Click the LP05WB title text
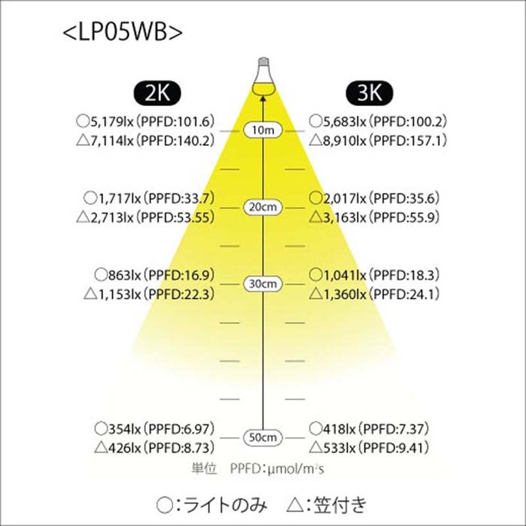(x=123, y=32)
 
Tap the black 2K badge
(x=157, y=93)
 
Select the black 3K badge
(x=370, y=93)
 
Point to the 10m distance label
(x=263, y=130)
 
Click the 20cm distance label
(x=263, y=207)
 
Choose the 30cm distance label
(x=263, y=284)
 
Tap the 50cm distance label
(x=263, y=438)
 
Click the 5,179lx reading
(x=112, y=122)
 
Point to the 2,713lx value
(x=112, y=218)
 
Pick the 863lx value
(x=124, y=275)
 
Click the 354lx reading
(x=124, y=429)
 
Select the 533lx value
(x=339, y=448)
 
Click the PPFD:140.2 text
(x=178, y=141)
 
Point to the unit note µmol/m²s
(x=295, y=469)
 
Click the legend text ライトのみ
(x=225, y=505)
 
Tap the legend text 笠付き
(x=339, y=505)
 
